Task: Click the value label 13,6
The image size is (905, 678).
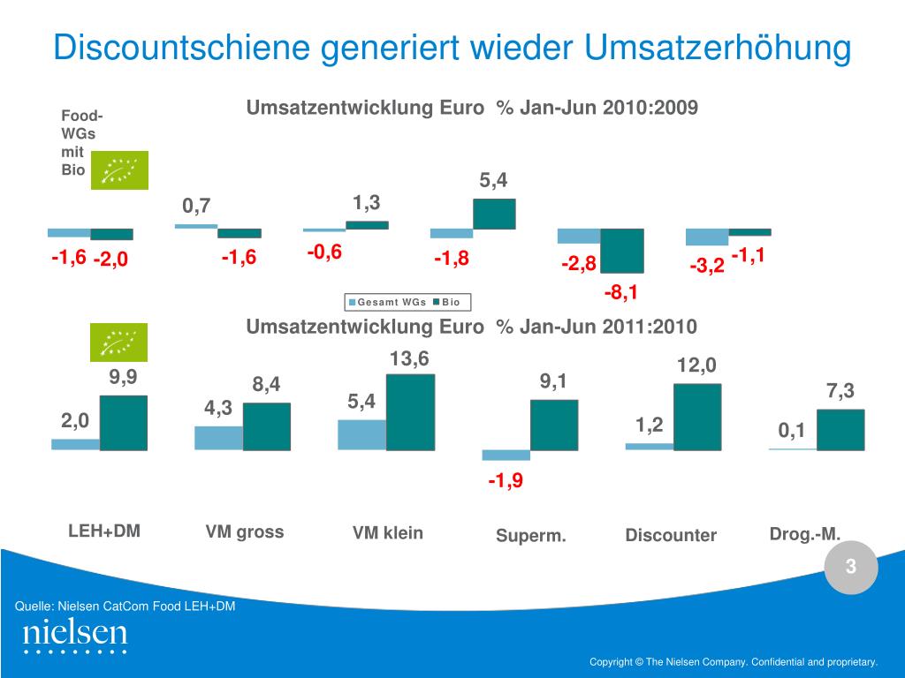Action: (x=409, y=359)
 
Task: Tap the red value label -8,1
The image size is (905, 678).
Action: (x=621, y=292)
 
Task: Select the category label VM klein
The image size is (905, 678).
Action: (x=387, y=533)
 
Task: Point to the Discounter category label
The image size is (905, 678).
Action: (x=671, y=536)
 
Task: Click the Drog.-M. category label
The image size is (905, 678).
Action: (x=804, y=533)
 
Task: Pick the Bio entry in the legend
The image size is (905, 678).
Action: (x=451, y=303)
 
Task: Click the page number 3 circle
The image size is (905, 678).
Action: (x=851, y=568)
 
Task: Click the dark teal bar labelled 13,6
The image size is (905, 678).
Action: (x=411, y=412)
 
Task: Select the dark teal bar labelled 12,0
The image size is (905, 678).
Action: (x=697, y=417)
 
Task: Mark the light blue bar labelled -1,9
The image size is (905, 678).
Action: (x=506, y=456)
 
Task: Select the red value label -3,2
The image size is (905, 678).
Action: (x=707, y=265)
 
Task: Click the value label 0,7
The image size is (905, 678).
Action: (x=196, y=207)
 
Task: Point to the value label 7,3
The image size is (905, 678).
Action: (x=840, y=391)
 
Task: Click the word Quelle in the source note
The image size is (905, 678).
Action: (x=34, y=606)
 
